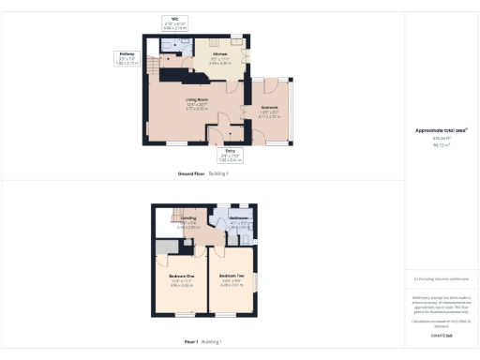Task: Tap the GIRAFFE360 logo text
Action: (442, 335)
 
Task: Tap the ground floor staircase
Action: (171, 71)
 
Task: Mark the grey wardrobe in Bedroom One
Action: (164, 247)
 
